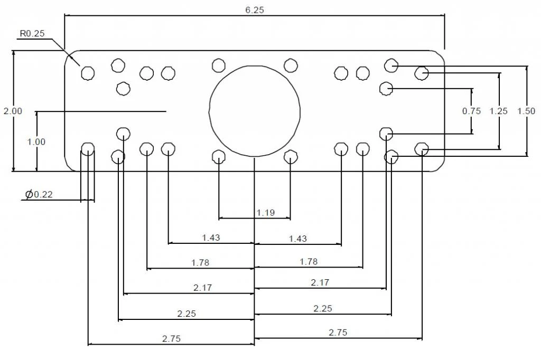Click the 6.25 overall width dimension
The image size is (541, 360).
[x=254, y=11]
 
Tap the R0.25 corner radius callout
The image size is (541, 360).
[x=32, y=34]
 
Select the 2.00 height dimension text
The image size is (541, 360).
[x=13, y=111]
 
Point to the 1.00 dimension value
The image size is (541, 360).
[x=36, y=142]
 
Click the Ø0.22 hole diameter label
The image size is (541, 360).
[x=39, y=195]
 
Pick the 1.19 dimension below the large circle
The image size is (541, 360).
[x=266, y=213]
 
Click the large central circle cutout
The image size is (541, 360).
[x=255, y=111]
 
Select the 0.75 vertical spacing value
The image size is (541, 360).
[x=471, y=111]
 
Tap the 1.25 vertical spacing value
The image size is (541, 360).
[x=498, y=111]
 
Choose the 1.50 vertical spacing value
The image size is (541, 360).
[x=526, y=111]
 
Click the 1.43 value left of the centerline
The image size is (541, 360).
[x=211, y=238]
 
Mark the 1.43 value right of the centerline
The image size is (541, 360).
[x=297, y=239]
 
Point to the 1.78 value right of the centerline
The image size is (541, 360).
[x=309, y=261]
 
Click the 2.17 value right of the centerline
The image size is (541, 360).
[x=320, y=282]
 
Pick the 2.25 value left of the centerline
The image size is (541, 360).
[x=186, y=314]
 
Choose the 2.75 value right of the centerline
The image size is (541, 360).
[x=338, y=333]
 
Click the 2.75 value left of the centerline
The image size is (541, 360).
[x=171, y=339]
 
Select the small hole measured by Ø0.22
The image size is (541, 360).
[x=88, y=149]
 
